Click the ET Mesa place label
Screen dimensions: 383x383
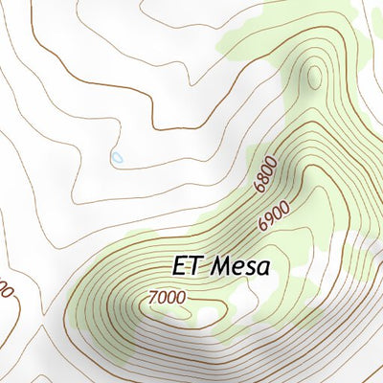click(x=221, y=264)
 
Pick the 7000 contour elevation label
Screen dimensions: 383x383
click(x=167, y=298)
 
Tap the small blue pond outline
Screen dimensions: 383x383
click(x=117, y=156)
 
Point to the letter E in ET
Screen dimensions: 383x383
click(x=180, y=264)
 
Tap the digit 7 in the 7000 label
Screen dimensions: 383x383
click(x=153, y=298)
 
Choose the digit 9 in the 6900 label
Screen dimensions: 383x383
click(x=269, y=222)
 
